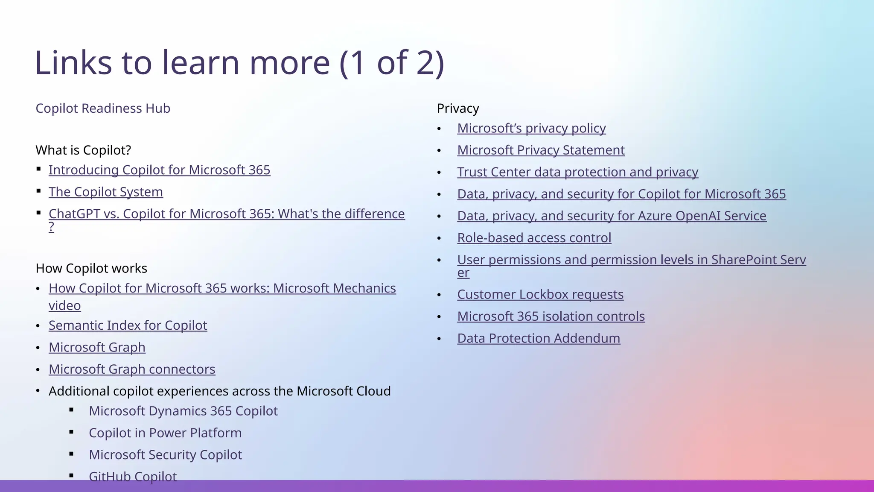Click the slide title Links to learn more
[x=239, y=63]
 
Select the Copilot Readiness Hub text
[x=103, y=108]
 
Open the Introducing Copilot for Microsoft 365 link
[x=159, y=170]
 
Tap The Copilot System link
[x=105, y=192]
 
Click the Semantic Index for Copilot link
[x=128, y=325]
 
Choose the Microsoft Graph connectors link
[x=132, y=369]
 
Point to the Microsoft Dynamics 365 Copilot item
[x=183, y=411]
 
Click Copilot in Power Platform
[x=165, y=433]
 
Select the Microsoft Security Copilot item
[x=165, y=455]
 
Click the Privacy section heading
[x=457, y=108]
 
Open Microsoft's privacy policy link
[x=531, y=128]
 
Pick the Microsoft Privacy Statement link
[x=541, y=150]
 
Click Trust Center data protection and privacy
[x=577, y=172]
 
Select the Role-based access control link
[x=534, y=238]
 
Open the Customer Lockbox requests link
[x=540, y=295]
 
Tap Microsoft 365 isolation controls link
[x=551, y=316]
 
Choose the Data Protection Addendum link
[x=539, y=338]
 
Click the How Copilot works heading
[x=91, y=269]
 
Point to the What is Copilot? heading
[x=83, y=150]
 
